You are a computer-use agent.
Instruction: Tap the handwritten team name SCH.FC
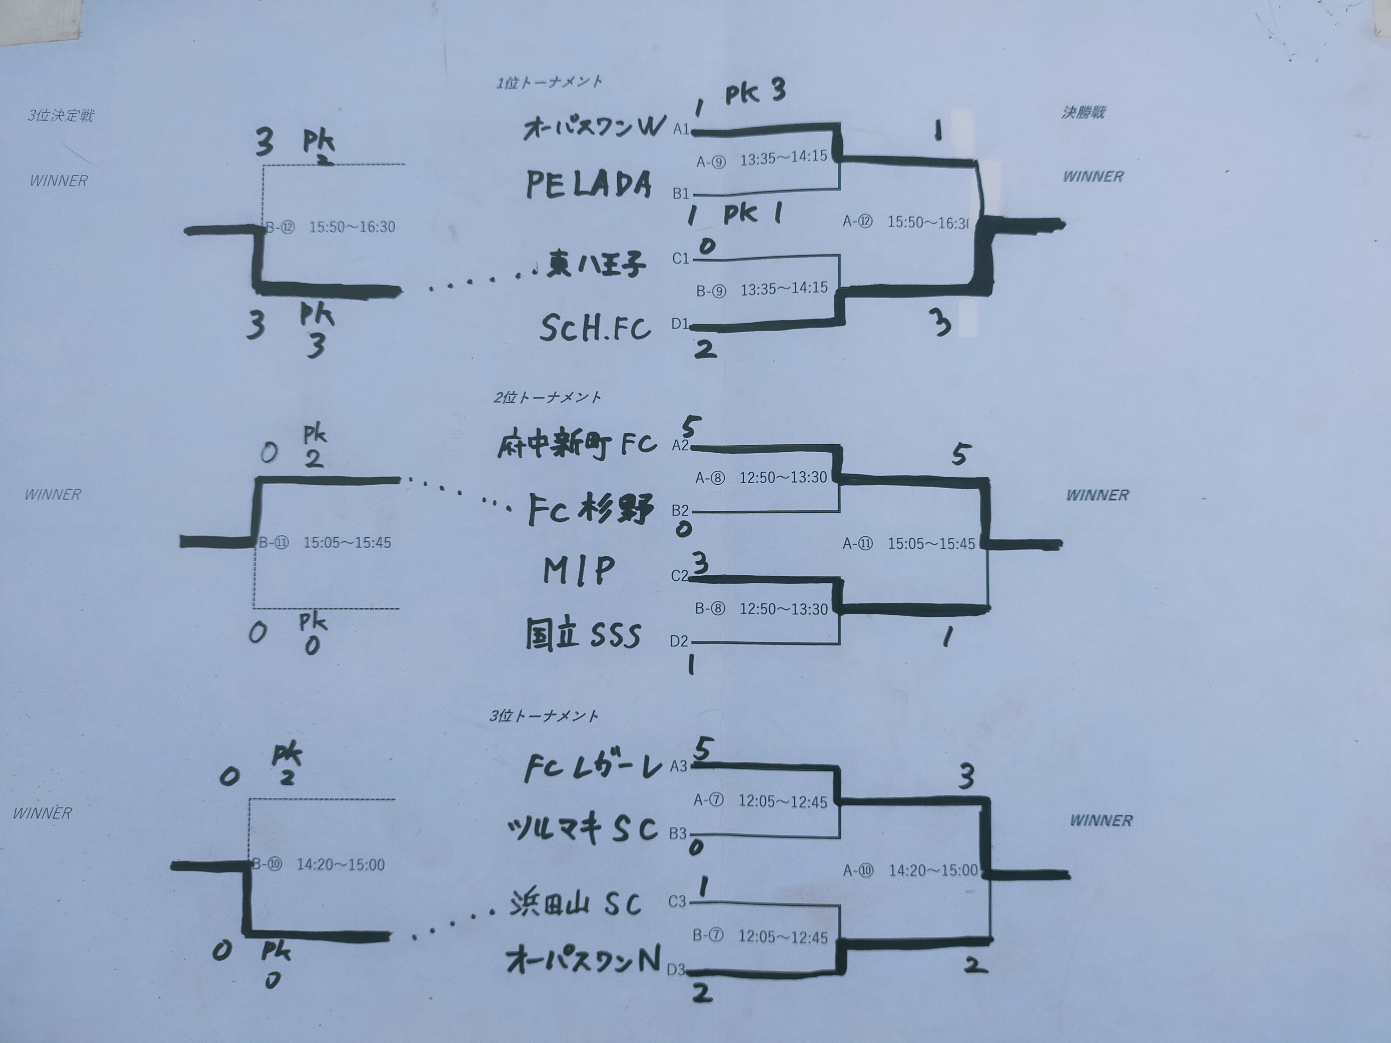click(595, 328)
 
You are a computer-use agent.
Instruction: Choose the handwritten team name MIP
click(579, 571)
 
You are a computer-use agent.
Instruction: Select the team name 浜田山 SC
click(576, 904)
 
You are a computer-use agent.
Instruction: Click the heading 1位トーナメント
click(549, 82)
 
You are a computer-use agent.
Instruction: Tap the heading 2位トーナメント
click(547, 397)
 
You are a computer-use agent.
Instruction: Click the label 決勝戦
click(1083, 113)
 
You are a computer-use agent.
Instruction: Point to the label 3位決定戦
click(61, 116)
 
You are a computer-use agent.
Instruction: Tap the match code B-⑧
click(710, 608)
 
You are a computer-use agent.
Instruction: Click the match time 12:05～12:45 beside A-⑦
click(782, 801)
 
